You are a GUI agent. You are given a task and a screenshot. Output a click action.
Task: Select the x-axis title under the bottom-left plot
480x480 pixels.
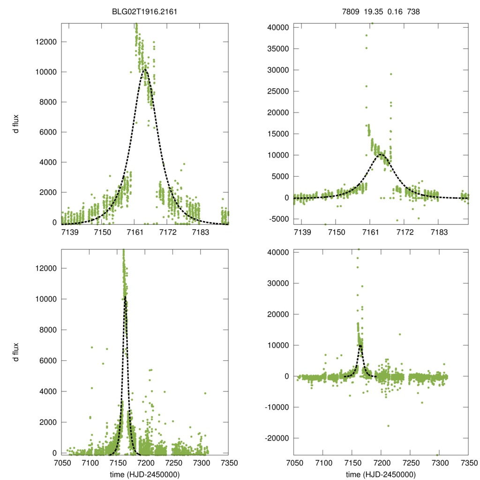click(x=144, y=474)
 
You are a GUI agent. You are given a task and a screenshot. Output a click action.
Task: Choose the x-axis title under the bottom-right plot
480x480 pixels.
click(x=381, y=474)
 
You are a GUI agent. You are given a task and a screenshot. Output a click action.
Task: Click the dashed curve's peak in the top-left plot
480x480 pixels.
click(x=145, y=70)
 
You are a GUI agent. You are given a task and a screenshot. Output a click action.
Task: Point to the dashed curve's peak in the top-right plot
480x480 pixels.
click(x=381, y=154)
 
